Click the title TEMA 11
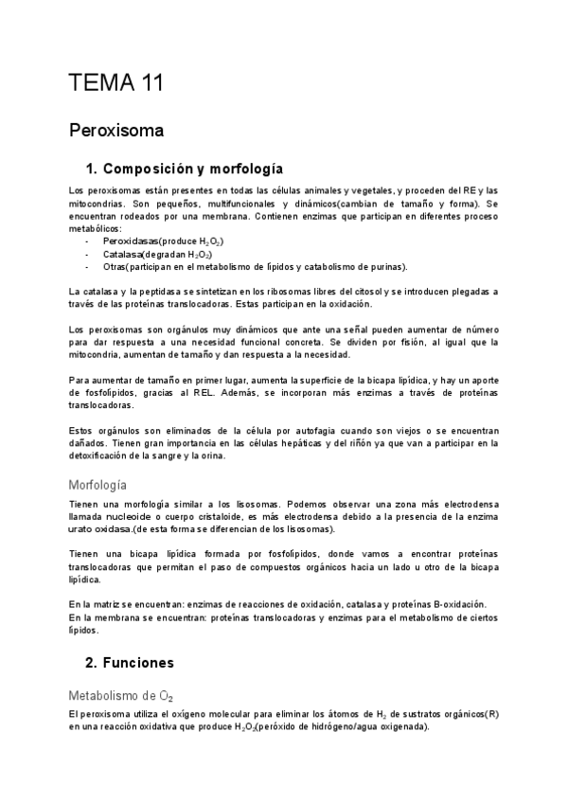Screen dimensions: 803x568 tap(116, 82)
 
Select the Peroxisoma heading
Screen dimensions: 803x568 tap(117, 129)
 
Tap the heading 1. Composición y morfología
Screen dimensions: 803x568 tap(184, 170)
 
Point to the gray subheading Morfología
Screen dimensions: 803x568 tap(111, 483)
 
